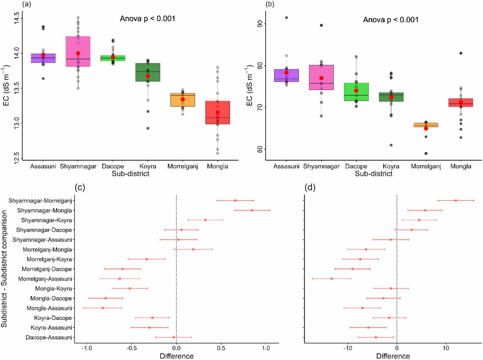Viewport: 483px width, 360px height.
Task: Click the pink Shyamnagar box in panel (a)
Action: pyautogui.click(x=78, y=45)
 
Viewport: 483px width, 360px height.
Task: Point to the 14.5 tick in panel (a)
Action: pyautogui.click(x=17, y=18)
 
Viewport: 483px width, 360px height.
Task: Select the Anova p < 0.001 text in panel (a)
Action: pyautogui.click(x=147, y=19)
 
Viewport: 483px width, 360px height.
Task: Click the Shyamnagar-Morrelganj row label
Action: pyautogui.click(x=40, y=201)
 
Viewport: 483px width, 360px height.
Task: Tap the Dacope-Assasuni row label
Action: pyautogui.click(x=49, y=337)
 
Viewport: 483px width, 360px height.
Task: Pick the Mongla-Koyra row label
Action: pyautogui.click(x=54, y=289)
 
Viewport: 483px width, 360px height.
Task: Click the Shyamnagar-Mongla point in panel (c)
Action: pyautogui.click(x=252, y=210)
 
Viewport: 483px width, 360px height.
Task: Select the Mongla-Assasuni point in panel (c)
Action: pyautogui.click(x=103, y=308)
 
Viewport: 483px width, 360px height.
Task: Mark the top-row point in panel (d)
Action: pyautogui.click(x=456, y=201)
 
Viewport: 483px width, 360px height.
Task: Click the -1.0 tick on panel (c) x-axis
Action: pyautogui.click(x=87, y=348)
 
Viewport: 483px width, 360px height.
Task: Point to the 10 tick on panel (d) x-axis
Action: pyautogui.click(x=446, y=348)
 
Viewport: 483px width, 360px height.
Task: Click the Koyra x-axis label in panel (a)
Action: pyautogui.click(x=148, y=166)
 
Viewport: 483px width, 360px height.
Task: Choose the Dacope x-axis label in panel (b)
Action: pyautogui.click(x=356, y=166)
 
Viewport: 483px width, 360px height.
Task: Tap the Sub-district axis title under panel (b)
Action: pyautogui.click(x=373, y=174)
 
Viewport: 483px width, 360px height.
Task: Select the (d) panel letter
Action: pyautogui.click(x=310, y=187)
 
